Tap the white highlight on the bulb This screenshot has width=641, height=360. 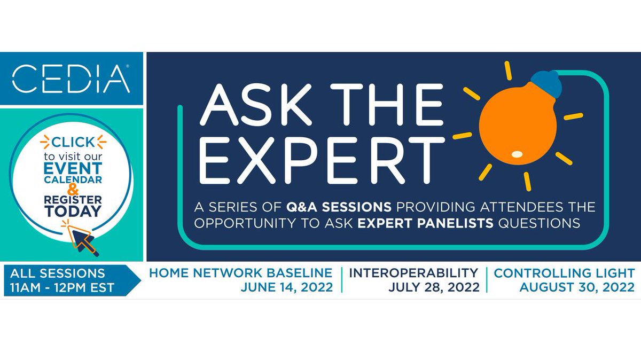pyautogui.click(x=517, y=154)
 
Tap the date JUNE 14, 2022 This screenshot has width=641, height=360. pyautogui.click(x=287, y=287)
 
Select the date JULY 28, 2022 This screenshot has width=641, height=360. pyautogui.click(x=434, y=287)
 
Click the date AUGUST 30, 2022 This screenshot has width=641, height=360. pyautogui.click(x=577, y=287)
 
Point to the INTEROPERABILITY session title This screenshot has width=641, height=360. pyautogui.click(x=413, y=272)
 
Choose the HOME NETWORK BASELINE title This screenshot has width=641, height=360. pyautogui.click(x=240, y=272)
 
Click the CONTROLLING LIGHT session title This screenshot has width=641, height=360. pyautogui.click(x=564, y=272)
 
